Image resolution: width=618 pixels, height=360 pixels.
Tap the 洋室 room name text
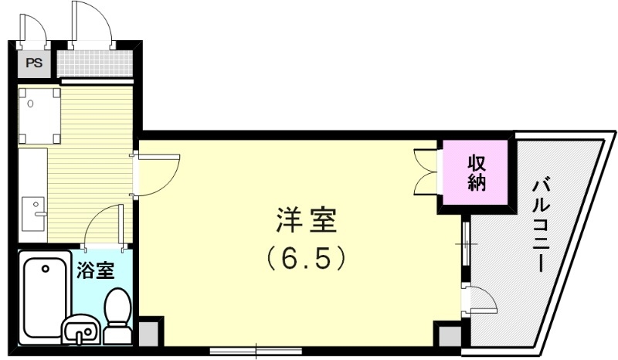(x=306, y=222)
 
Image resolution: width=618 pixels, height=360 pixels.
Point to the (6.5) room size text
(x=305, y=258)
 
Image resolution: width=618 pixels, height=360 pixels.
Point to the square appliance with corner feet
(x=40, y=116)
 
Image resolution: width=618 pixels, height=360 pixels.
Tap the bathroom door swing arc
(x=102, y=228)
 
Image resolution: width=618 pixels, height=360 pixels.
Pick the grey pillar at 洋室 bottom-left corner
(x=149, y=333)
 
